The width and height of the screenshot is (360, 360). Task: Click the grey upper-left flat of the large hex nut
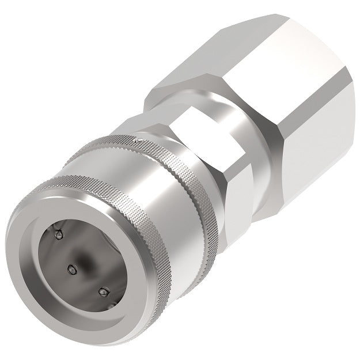coord(230,49)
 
